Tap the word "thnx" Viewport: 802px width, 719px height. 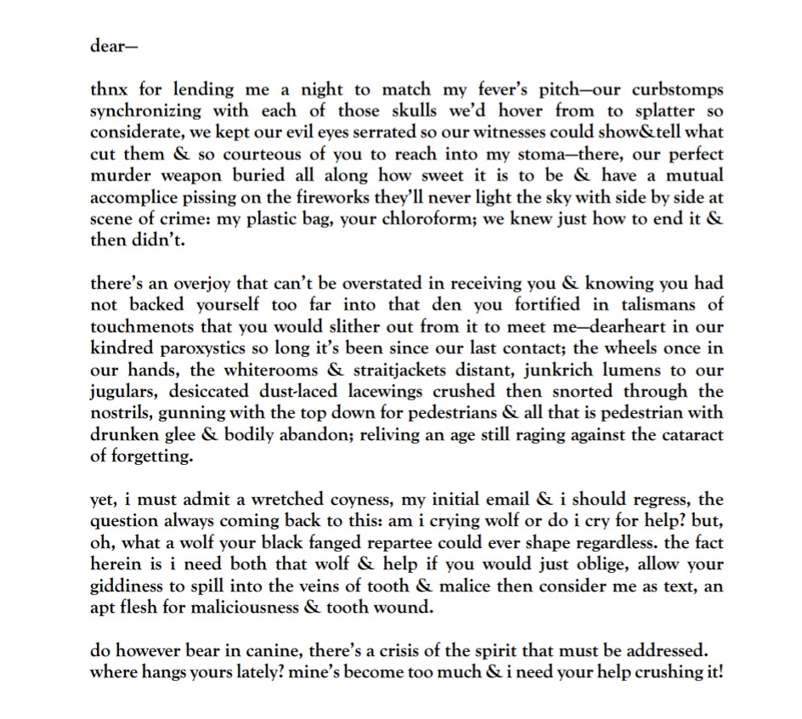(110, 88)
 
